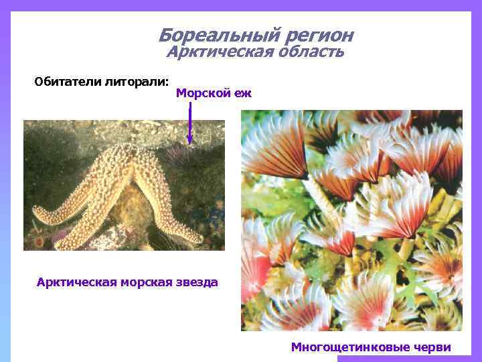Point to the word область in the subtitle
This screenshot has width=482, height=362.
point(310,52)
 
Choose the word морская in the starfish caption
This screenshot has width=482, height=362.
point(149,282)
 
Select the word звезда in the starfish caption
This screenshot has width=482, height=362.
point(197,282)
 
